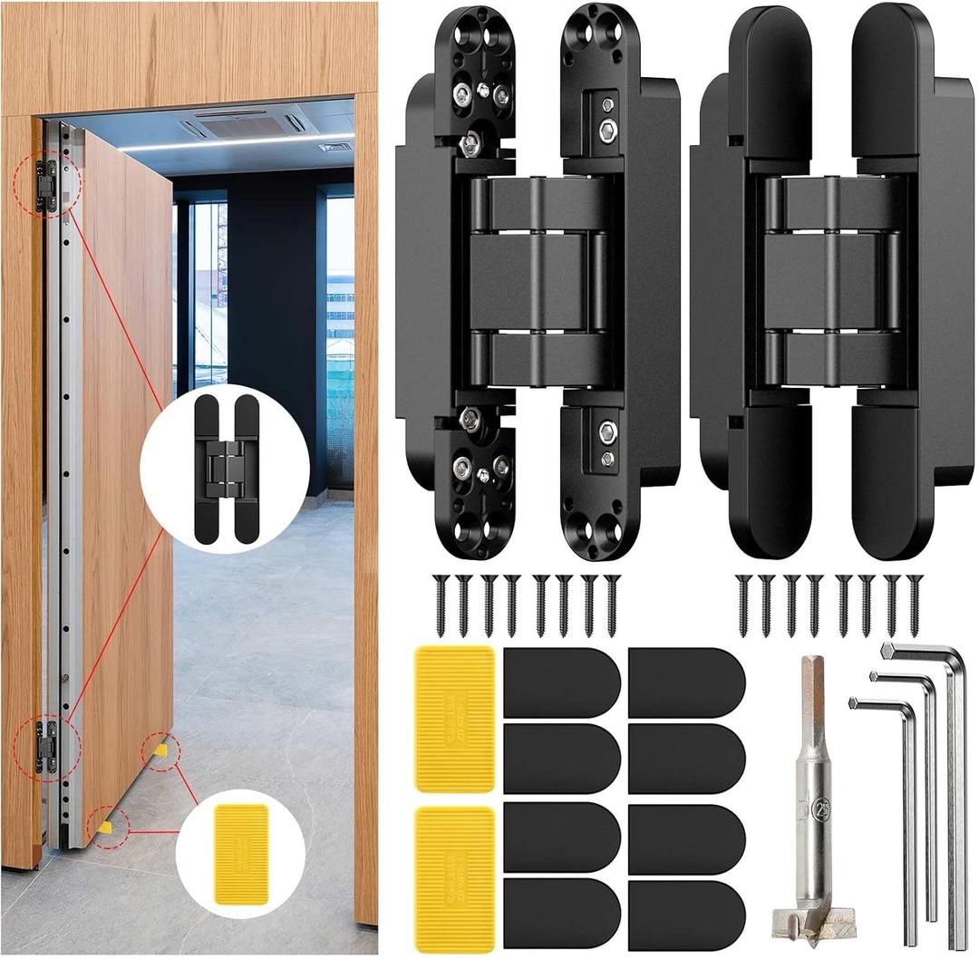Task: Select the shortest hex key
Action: point(909,816)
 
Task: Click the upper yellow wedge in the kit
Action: point(455,718)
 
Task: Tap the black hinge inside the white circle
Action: point(225,469)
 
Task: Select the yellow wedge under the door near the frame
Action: point(105,826)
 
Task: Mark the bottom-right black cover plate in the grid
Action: point(686,914)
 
